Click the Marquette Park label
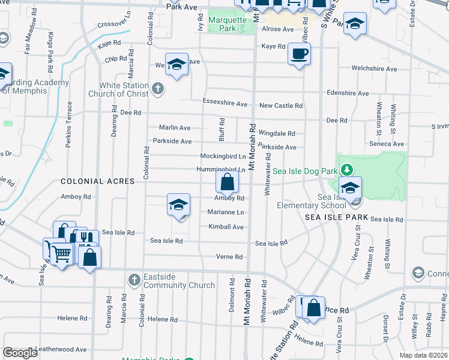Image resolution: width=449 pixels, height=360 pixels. point(227,24)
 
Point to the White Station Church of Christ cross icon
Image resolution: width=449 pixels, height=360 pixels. point(157,89)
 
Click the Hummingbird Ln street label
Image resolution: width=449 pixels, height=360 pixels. point(221,170)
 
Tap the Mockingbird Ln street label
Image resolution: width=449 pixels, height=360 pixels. point(223,156)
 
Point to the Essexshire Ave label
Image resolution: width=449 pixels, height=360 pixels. point(225,103)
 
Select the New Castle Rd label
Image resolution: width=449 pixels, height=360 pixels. point(280,106)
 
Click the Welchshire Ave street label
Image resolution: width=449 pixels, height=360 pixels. point(375,69)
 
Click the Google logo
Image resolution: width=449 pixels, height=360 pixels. point(20,353)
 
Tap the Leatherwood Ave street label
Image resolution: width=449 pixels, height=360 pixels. point(61,349)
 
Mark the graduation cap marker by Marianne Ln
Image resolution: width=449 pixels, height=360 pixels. point(178,206)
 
